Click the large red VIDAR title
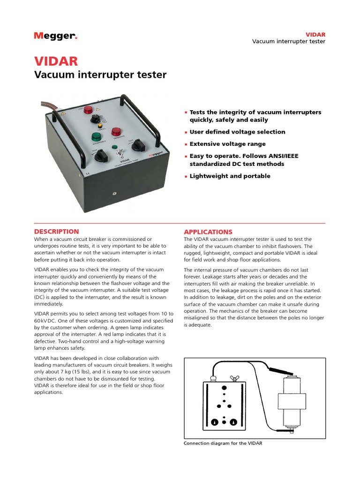coord(56,61)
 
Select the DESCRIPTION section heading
coord(57,232)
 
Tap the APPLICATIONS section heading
coord(208,232)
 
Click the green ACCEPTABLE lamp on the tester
coord(97,136)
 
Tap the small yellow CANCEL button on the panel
coord(99,126)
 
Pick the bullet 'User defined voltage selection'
coord(237,132)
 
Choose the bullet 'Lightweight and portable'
coord(230,176)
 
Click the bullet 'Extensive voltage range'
coord(227,144)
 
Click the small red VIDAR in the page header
coord(315,35)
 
